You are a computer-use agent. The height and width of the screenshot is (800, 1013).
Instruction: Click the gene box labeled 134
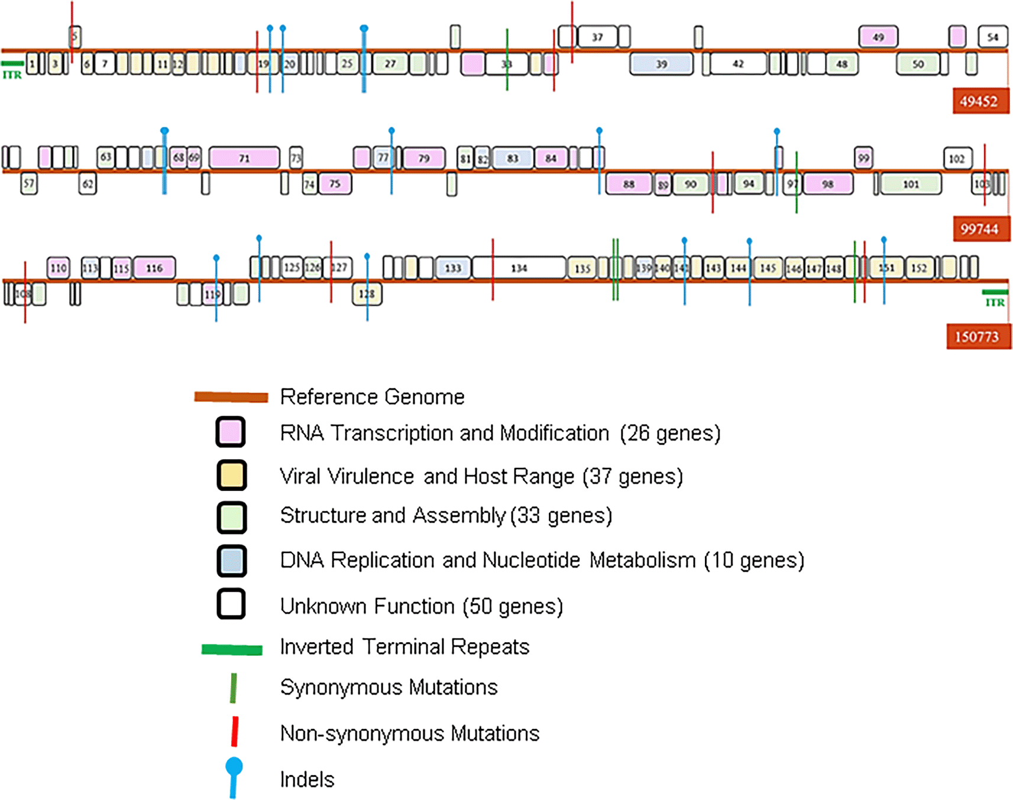[519, 268]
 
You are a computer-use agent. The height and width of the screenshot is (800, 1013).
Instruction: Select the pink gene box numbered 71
[244, 158]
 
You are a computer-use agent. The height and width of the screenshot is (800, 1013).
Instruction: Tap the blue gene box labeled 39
[661, 64]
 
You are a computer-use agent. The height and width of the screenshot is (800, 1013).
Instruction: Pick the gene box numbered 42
[737, 63]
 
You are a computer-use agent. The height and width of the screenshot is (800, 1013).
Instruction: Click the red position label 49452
[979, 101]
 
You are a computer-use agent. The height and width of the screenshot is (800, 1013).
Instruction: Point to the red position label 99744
[980, 229]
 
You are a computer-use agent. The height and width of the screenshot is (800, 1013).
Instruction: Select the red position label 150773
[977, 336]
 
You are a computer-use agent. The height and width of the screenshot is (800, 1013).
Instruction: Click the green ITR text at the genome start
[12, 75]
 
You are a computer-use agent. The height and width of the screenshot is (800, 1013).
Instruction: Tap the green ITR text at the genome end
[995, 303]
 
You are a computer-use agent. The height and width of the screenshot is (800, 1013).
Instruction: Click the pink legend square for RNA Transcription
[231, 432]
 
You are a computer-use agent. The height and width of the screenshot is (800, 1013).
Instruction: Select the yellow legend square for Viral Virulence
[231, 475]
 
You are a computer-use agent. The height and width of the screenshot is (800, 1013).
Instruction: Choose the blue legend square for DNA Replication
[231, 561]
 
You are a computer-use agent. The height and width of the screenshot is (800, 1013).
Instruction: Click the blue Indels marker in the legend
[234, 777]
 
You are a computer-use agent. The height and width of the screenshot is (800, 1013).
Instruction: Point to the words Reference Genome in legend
[372, 397]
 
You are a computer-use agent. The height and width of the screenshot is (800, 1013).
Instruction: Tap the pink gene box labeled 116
[154, 268]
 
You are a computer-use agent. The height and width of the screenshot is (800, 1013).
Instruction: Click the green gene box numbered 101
[911, 184]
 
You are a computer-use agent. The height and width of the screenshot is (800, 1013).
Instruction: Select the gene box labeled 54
[992, 37]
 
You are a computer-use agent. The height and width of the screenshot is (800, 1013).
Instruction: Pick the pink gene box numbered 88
[629, 184]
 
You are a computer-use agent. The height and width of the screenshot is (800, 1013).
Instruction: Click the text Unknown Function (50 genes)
[421, 606]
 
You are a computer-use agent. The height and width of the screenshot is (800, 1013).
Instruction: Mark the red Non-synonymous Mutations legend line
[235, 731]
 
